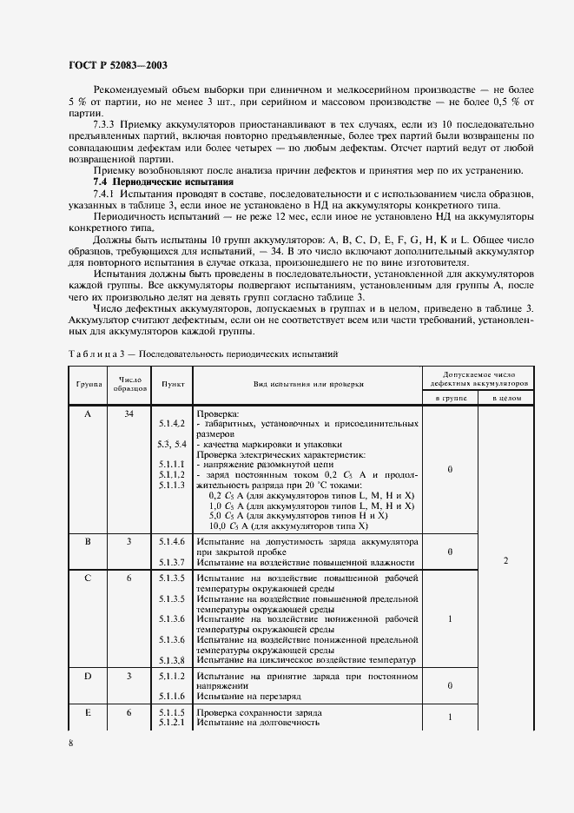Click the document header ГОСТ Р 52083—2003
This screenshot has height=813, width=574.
[117, 65]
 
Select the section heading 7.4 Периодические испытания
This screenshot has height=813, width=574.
[164, 183]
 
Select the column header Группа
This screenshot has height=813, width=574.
[88, 383]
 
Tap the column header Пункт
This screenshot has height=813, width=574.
[170, 383]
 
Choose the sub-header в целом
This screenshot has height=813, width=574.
[505, 397]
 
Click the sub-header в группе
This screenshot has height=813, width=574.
[449, 397]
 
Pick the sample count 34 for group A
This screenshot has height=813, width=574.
[129, 414]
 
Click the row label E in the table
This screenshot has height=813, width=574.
[88, 712]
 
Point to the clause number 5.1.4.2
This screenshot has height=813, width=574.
[171, 423]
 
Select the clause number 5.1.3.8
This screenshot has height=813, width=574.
[171, 661]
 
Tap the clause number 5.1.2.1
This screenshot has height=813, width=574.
[171, 722]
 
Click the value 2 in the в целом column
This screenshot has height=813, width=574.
[505, 561]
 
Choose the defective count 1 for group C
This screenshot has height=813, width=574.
[449, 619]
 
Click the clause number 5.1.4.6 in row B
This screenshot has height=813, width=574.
[171, 541]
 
